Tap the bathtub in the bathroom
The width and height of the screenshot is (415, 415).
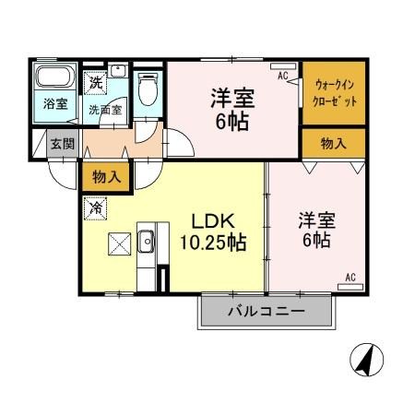(x=55, y=77)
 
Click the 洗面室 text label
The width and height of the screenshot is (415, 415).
(x=104, y=109)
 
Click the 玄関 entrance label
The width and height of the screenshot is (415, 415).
(x=63, y=143)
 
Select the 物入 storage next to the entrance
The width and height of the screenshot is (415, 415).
(x=106, y=175)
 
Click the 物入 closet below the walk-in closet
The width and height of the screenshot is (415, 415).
(x=333, y=143)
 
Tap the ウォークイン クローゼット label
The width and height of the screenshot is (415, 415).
(x=333, y=92)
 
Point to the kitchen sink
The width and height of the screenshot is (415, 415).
(x=146, y=243)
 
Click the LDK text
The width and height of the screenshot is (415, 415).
(x=211, y=222)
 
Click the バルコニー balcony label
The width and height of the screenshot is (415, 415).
(x=266, y=313)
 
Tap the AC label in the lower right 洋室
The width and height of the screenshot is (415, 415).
(x=350, y=277)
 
